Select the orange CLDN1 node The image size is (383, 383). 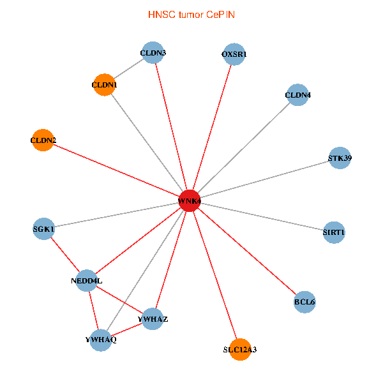click(104, 85)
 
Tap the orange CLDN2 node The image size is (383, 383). click(43, 140)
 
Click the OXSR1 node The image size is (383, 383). click(234, 55)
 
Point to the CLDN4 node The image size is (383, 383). click(298, 96)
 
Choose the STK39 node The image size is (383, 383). click(340, 158)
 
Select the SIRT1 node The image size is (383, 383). click(334, 232)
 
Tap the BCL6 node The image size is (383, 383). click(304, 301)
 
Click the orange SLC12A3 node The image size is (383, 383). click(240, 349)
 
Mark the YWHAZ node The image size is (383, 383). click(153, 319)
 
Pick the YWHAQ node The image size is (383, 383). click(101, 339)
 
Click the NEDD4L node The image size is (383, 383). click(87, 280)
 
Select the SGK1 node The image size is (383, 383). click(43, 229)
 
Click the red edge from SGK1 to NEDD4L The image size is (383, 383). click(65, 254)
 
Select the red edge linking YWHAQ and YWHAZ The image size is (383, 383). click(126, 329)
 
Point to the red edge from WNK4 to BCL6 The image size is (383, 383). click(247, 251)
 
